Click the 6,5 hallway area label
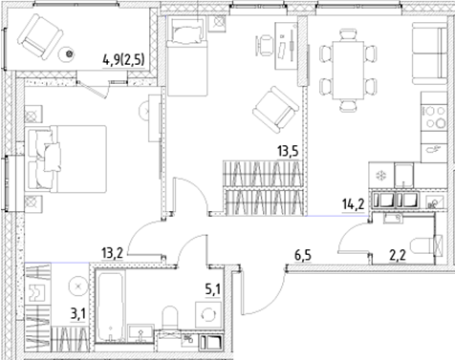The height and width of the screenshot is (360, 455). pos(304,255)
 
